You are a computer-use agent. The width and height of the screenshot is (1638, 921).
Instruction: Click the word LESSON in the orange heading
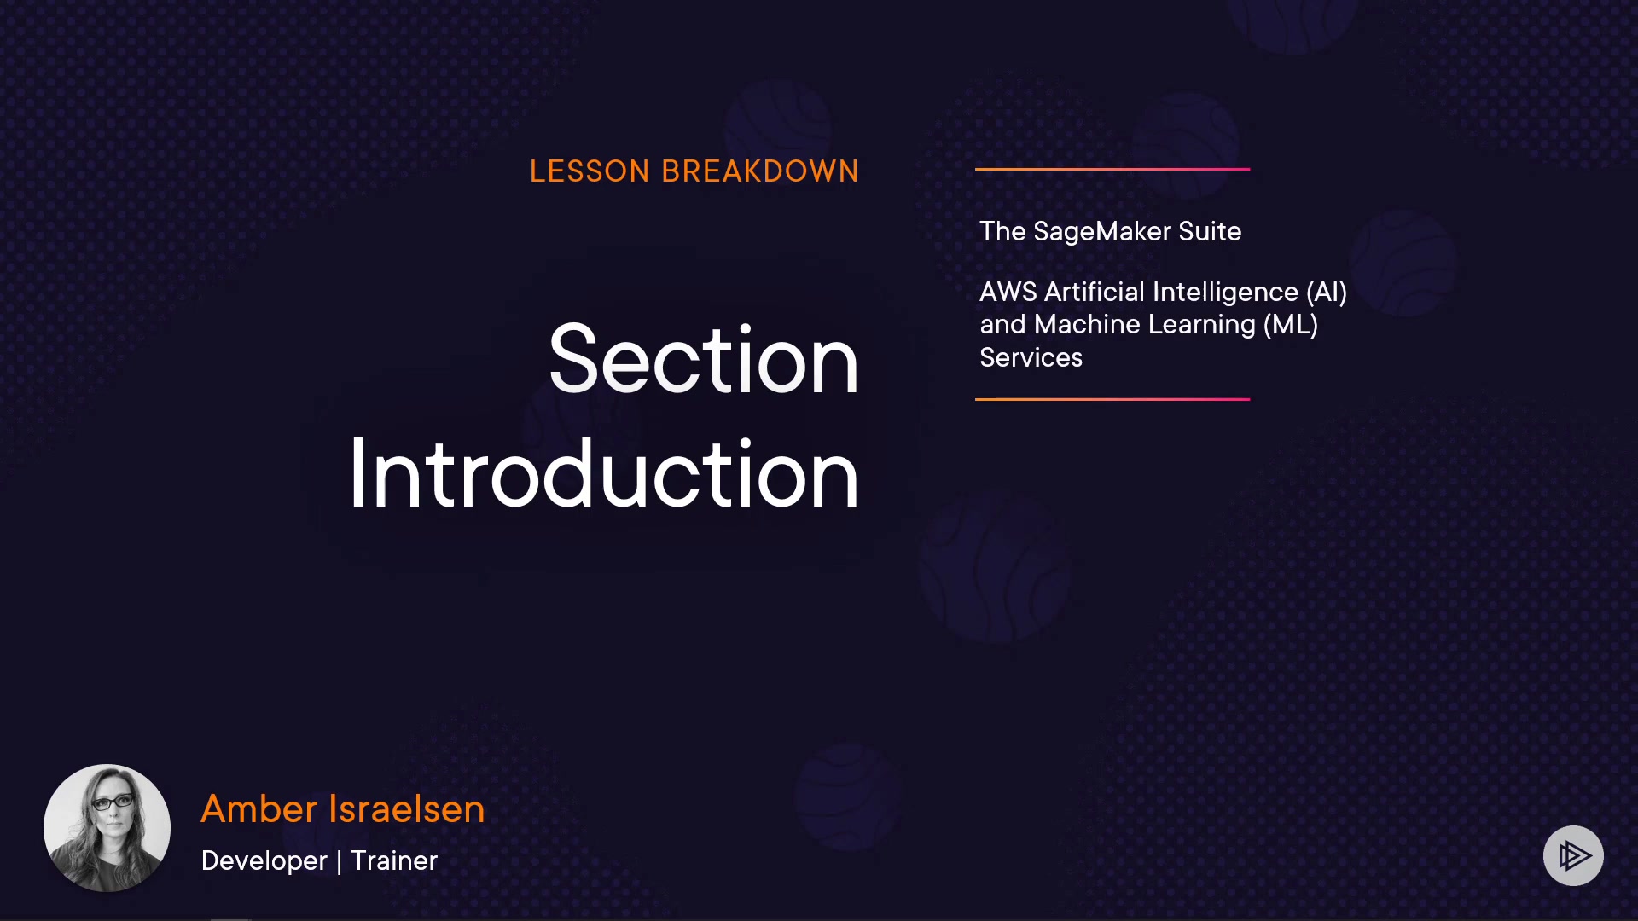(590, 171)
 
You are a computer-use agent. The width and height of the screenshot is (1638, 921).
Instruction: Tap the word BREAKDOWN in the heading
(760, 171)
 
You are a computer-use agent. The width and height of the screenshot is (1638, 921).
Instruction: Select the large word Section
(704, 360)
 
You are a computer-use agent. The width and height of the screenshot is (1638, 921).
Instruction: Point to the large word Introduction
(604, 474)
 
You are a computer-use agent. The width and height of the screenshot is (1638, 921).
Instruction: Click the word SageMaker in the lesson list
(1102, 232)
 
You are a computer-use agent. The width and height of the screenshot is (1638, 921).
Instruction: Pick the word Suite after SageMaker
(1210, 231)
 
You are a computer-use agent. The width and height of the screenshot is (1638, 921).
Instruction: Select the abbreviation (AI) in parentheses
(1327, 293)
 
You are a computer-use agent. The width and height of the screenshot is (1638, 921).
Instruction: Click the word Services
(1031, 358)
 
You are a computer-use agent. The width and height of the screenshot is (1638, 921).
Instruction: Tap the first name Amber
(258, 808)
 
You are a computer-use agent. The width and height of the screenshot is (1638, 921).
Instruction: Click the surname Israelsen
(407, 808)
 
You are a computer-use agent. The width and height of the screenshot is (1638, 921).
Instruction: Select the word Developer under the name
(264, 861)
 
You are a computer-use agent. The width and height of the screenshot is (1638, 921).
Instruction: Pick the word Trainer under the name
(394, 860)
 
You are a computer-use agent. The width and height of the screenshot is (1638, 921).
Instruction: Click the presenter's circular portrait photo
(107, 828)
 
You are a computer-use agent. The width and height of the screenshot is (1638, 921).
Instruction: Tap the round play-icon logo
(1573, 855)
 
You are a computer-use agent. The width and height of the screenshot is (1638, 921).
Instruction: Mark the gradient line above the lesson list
(1112, 169)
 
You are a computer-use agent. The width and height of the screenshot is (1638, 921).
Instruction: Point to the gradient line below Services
(1112, 399)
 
